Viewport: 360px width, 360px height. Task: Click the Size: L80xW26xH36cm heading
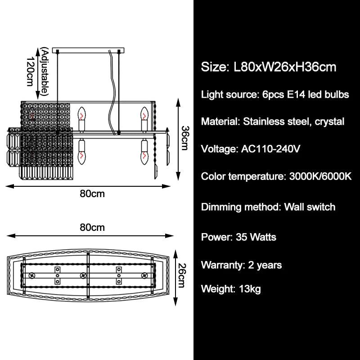[x=269, y=67]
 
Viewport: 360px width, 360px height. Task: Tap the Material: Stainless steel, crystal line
[x=272, y=121]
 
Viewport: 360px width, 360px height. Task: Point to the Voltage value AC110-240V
[x=268, y=148]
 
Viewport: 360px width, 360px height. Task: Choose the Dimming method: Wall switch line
[x=268, y=207]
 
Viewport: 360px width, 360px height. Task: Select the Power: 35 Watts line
[x=238, y=237]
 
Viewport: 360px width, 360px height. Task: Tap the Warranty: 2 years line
[x=241, y=265]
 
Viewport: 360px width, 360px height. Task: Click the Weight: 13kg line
[x=231, y=288]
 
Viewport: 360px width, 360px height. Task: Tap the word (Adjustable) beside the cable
[x=44, y=72]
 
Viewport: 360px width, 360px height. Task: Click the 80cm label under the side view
[x=92, y=194]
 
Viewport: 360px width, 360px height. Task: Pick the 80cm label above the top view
[x=92, y=227]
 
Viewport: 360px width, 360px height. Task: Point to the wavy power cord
[x=110, y=90]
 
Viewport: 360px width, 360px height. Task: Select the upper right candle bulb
[x=144, y=118]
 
